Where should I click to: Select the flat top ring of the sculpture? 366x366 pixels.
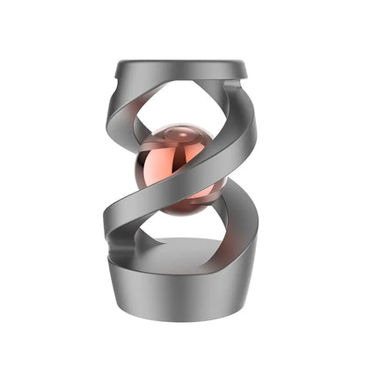[x=182, y=68]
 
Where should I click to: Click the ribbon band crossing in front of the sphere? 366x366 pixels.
[x=189, y=176]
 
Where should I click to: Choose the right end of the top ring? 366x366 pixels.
[x=247, y=68]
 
